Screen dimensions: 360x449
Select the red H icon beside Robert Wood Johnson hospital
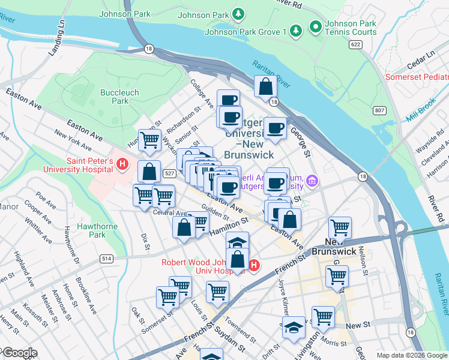point(254,265)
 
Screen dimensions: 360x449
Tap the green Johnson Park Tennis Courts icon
point(315,26)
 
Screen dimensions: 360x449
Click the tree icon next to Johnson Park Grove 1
point(295,30)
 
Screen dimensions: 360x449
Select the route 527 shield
point(169,174)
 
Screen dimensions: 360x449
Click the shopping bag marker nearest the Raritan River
point(265,86)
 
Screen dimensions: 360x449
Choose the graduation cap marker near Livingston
point(293,329)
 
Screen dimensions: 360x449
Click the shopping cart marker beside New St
point(323,316)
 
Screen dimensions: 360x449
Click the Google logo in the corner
point(19,353)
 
